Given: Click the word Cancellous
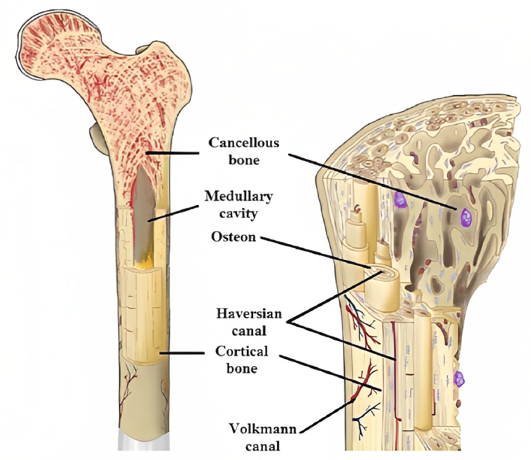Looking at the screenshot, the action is [243, 143].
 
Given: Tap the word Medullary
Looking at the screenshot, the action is [238, 197].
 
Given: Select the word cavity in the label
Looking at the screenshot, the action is [238, 214].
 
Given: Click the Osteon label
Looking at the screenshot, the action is [234, 237].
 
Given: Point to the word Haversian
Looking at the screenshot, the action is [249, 314].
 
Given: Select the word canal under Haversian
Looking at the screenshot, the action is [249, 331].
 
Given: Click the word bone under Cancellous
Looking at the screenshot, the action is [244, 160].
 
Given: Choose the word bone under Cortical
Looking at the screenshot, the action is [242, 369].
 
